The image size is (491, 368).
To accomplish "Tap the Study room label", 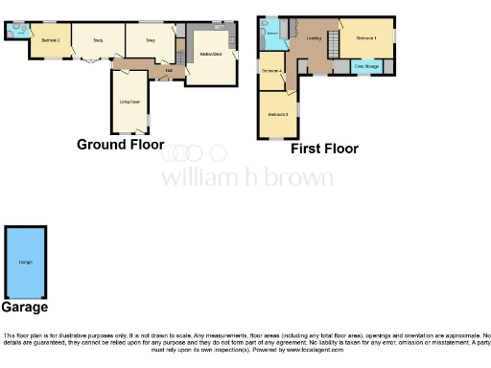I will pyautogui.click(x=98, y=40).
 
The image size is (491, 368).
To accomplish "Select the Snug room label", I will pyautogui.click(x=151, y=40).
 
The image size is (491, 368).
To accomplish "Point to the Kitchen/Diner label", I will pyautogui.click(x=212, y=54).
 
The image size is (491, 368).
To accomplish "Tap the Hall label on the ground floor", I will pyautogui.click(x=169, y=70).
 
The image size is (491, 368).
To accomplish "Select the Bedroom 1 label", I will pyautogui.click(x=365, y=37).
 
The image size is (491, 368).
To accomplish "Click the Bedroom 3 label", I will pyautogui.click(x=278, y=115).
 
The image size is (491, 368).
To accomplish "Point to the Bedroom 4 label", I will pyautogui.click(x=272, y=71).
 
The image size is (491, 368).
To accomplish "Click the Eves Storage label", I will pyautogui.click(x=365, y=65).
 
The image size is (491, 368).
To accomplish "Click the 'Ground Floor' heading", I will pyautogui.click(x=115, y=145).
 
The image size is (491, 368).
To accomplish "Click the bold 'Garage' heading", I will pyautogui.click(x=24, y=308).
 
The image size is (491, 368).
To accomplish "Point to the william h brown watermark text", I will pyautogui.click(x=246, y=177).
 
